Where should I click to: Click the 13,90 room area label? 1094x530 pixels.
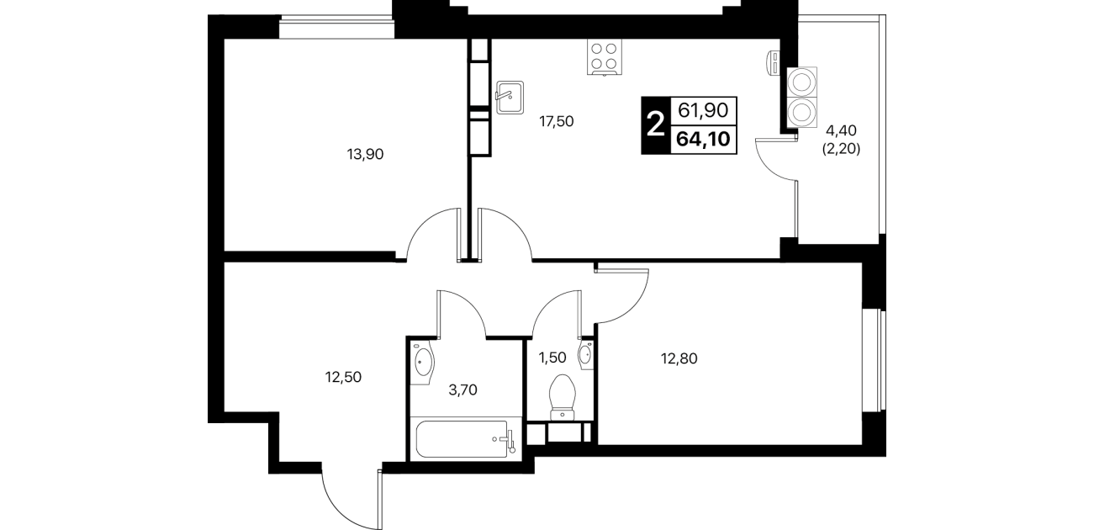tap(365, 155)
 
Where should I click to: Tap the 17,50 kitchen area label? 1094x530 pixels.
tap(557, 122)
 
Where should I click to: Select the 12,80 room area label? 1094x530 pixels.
tap(679, 359)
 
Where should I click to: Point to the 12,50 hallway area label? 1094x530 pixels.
tap(343, 377)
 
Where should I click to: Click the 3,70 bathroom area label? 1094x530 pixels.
tap(462, 390)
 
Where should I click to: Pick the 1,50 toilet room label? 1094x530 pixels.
tap(552, 358)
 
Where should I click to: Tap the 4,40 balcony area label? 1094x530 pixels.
tap(841, 130)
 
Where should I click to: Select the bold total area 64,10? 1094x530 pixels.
tap(703, 139)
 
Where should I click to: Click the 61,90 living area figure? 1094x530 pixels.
tap(703, 111)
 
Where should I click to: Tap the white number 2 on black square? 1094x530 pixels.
tap(655, 125)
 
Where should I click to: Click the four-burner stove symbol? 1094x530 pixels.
tap(605, 57)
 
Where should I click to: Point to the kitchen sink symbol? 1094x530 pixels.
tap(510, 98)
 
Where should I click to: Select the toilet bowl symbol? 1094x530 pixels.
tap(563, 397)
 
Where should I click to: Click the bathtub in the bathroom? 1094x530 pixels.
tap(462, 438)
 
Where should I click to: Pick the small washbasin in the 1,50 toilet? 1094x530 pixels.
tap(585, 353)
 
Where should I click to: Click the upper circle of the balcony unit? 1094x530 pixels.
tap(801, 82)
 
